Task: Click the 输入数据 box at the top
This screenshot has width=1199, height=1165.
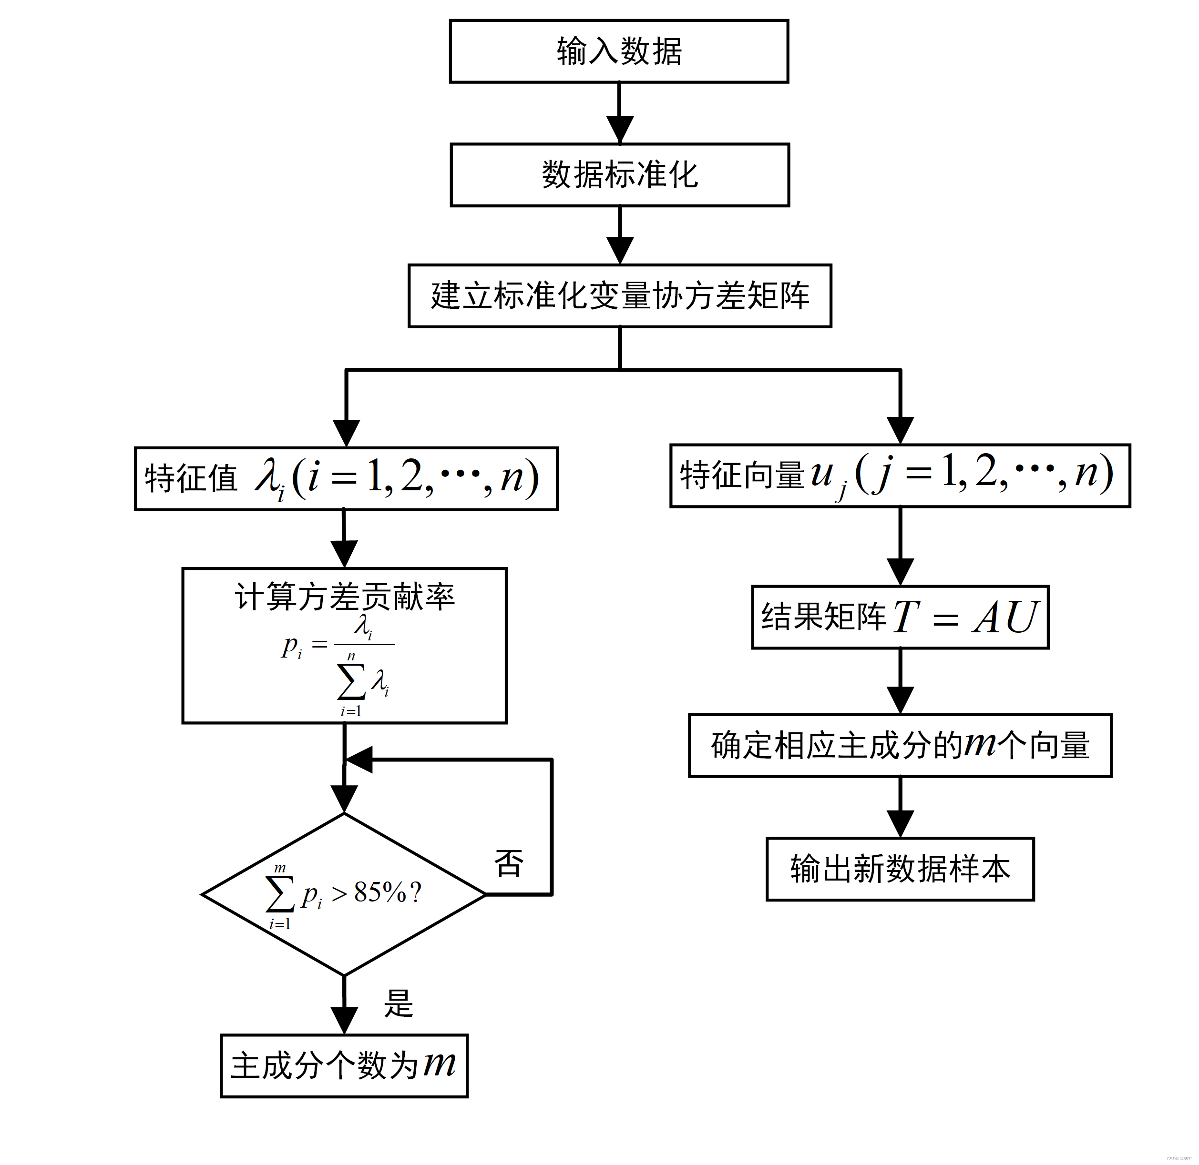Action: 619,51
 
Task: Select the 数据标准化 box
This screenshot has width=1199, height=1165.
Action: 619,175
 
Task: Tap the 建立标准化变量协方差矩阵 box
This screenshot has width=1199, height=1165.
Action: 619,296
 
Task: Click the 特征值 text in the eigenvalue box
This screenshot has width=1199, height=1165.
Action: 191,478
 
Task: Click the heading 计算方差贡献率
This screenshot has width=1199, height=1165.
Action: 345,596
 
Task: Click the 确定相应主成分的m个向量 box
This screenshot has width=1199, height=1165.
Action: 900,746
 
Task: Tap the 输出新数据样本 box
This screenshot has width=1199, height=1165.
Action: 900,869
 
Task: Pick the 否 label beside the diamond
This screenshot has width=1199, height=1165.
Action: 509,863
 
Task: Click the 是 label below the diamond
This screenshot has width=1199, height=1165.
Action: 399,1003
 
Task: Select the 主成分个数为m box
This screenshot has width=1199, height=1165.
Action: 344,1065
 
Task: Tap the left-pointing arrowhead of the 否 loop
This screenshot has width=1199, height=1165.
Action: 360,760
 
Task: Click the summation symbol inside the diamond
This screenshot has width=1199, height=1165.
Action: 280,894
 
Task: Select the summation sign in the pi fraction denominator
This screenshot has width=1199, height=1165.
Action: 351,682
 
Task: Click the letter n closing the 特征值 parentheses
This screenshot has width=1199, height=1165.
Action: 512,478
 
